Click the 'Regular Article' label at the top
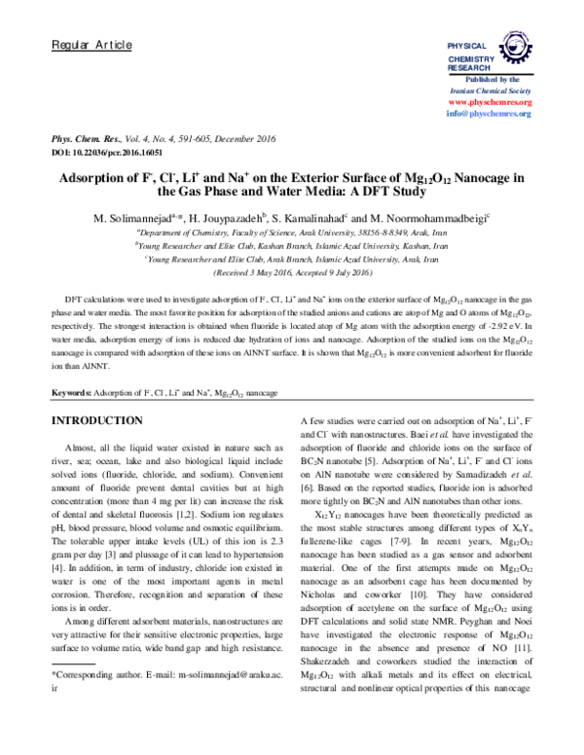[x=84, y=46]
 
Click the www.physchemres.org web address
[x=489, y=101]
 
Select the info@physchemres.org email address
[x=489, y=114]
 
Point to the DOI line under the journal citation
[x=105, y=154]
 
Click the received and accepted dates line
[x=292, y=272]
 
